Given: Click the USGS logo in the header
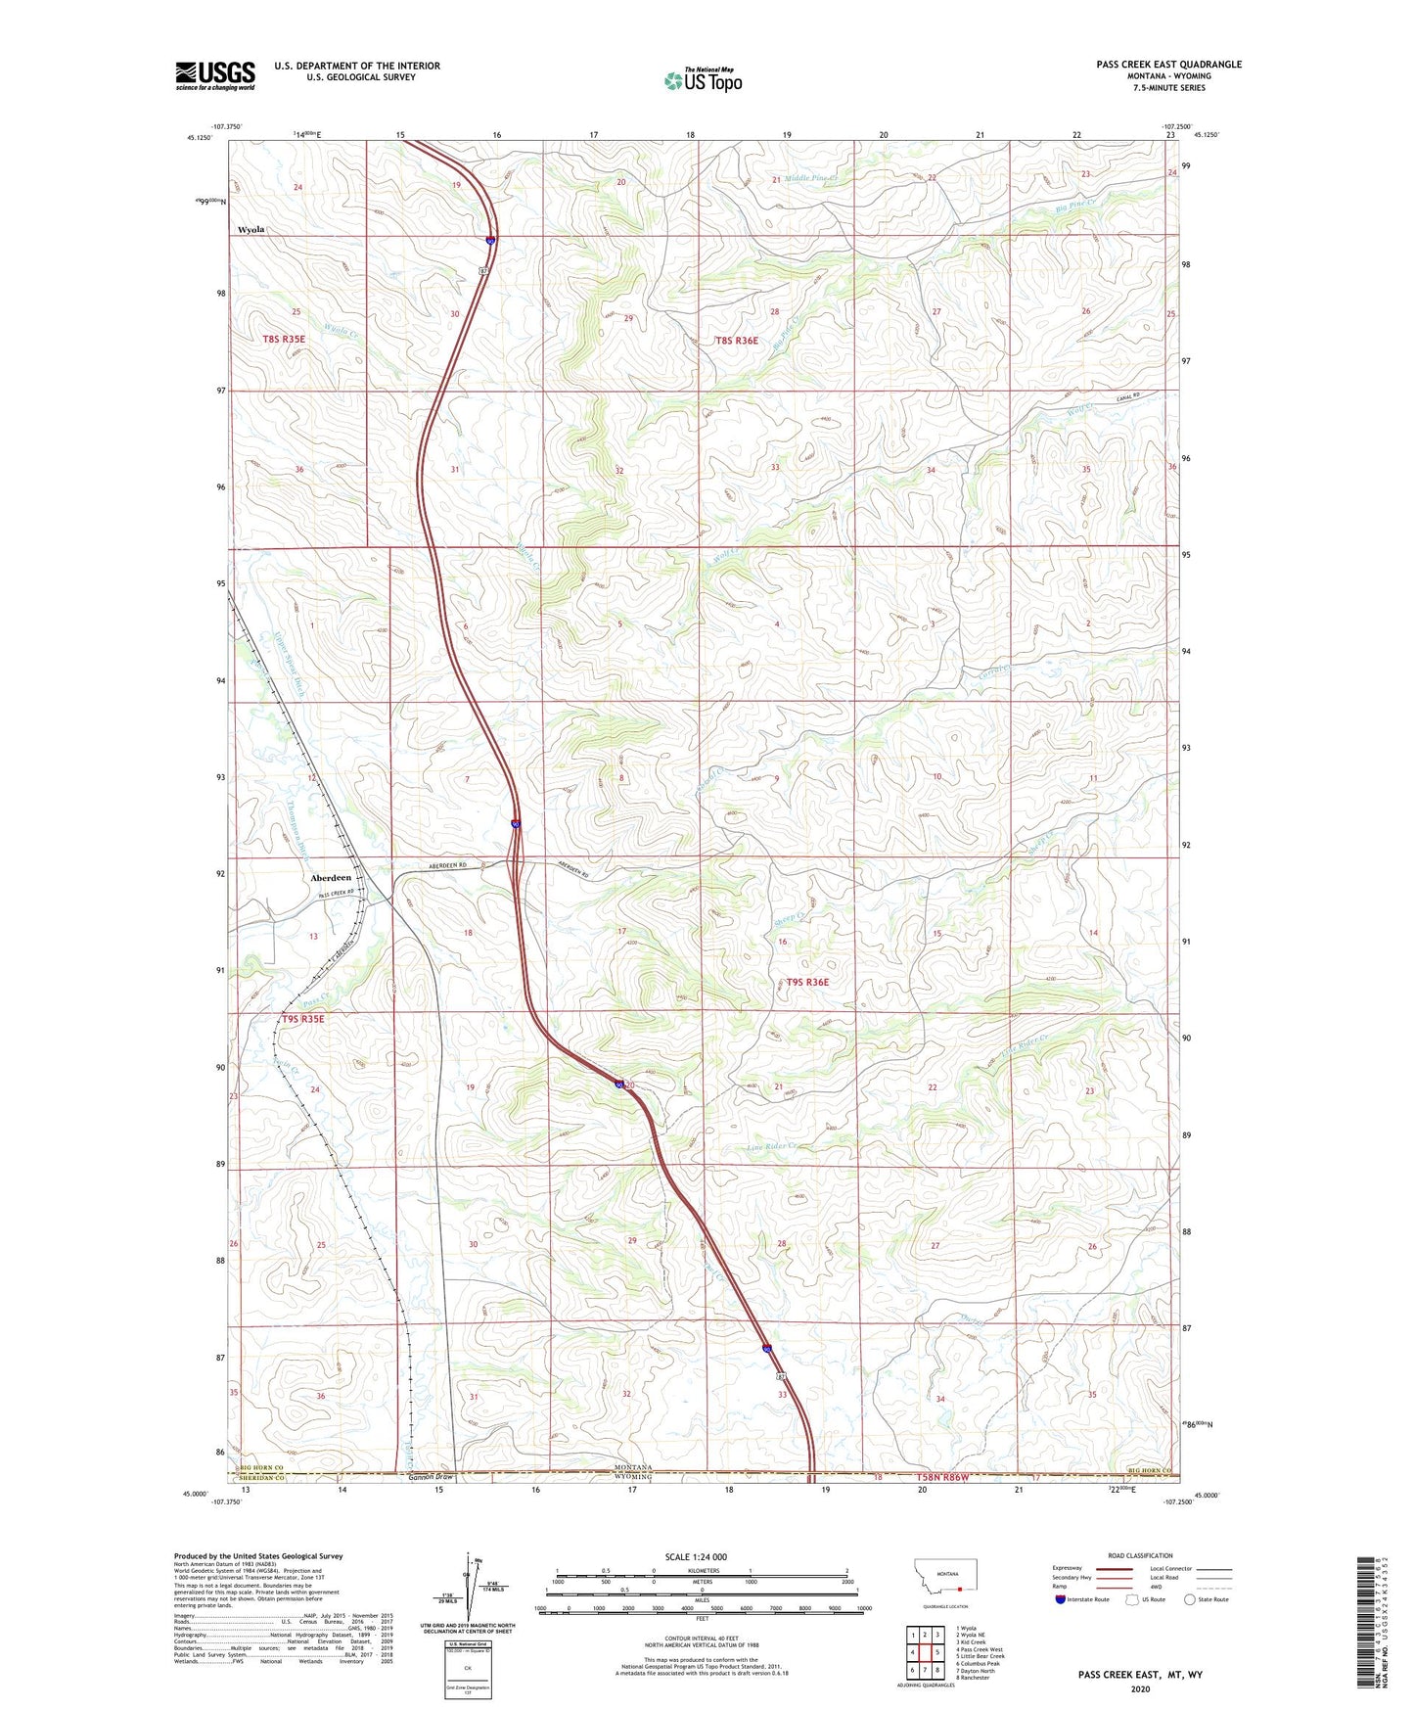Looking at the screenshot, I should pyautogui.click(x=214, y=75).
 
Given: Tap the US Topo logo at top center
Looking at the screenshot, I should pyautogui.click(x=703, y=80).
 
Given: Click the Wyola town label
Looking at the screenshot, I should pyautogui.click(x=251, y=230).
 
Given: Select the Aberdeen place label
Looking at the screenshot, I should pyautogui.click(x=331, y=878).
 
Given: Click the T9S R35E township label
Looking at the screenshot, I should pyautogui.click(x=302, y=1019).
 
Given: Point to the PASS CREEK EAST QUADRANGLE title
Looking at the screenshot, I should pyautogui.click(x=1168, y=65).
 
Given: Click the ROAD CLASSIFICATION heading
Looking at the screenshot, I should pyautogui.click(x=1140, y=1555).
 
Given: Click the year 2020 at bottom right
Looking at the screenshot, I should pyautogui.click(x=1140, y=1688).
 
